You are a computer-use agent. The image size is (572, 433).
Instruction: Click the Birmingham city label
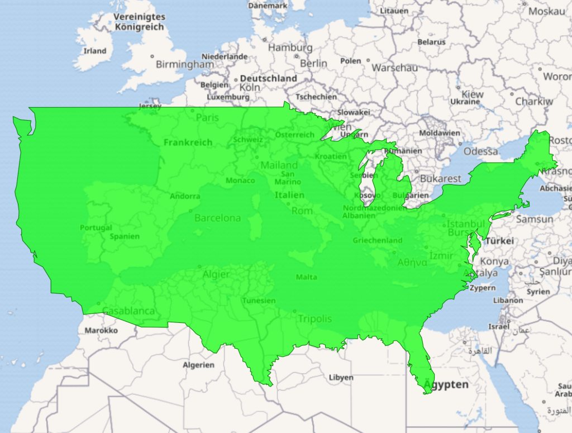(x=184, y=64)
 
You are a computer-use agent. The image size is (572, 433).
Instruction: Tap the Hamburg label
(x=290, y=47)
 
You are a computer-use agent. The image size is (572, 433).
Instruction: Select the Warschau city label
(x=394, y=68)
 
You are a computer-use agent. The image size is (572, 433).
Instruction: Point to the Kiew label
(x=473, y=94)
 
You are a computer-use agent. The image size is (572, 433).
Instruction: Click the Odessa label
(x=480, y=151)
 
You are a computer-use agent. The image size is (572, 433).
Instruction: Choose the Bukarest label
(x=441, y=179)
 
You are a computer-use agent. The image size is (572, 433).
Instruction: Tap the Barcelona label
(x=217, y=218)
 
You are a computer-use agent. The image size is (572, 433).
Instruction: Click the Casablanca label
(x=128, y=311)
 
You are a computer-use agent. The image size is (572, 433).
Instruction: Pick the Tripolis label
(x=314, y=319)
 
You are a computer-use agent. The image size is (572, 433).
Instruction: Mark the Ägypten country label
(x=446, y=385)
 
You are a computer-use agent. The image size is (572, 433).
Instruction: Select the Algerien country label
(x=198, y=365)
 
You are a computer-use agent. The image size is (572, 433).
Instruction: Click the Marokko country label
(x=101, y=330)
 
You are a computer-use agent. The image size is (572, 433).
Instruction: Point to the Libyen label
(x=341, y=378)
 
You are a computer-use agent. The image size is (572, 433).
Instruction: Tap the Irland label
(x=94, y=51)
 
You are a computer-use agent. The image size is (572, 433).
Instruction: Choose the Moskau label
(x=547, y=11)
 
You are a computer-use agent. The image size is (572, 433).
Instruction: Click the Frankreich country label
(x=188, y=142)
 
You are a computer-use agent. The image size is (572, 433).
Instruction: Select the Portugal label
(x=96, y=227)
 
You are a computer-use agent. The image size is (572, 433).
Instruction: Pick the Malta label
(x=306, y=277)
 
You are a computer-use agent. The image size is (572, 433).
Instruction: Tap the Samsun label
(x=534, y=220)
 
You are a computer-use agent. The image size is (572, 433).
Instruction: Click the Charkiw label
(x=533, y=102)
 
